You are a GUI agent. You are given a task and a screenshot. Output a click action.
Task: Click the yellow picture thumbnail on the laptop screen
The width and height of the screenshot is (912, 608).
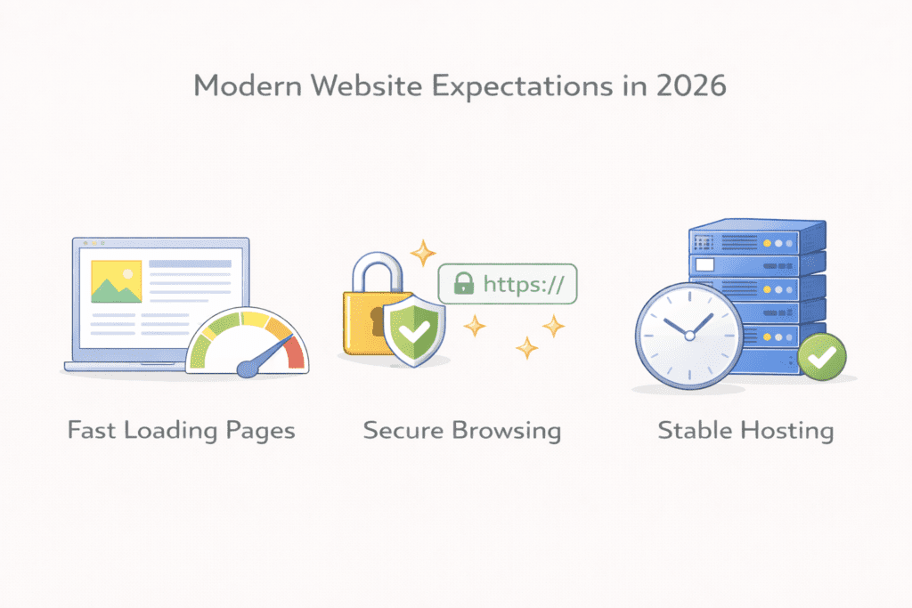[116, 281]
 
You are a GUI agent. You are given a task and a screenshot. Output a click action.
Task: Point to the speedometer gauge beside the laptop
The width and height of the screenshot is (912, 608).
[247, 344]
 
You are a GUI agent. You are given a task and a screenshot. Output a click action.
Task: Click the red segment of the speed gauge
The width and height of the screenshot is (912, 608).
[294, 353]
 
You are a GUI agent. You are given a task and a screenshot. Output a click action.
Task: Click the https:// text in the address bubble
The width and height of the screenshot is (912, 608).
[525, 284]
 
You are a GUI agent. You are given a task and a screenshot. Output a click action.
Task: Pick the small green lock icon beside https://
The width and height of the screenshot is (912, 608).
[463, 284]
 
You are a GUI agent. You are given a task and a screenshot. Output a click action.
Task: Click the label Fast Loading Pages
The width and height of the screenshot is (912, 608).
[182, 432]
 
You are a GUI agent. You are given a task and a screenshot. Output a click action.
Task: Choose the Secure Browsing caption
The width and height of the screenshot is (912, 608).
[461, 432]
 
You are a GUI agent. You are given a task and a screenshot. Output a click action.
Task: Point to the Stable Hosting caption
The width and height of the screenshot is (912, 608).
[745, 432]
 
